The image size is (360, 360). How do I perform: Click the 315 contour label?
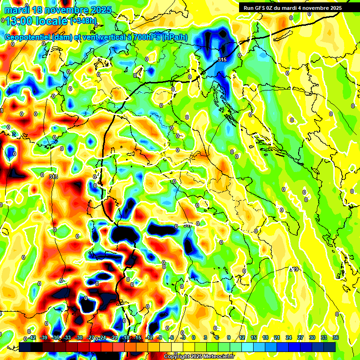(222, 60)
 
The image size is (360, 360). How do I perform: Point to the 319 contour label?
(294, 269)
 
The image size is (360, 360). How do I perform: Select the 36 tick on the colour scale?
(335, 337)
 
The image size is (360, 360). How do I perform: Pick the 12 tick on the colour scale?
(242, 337)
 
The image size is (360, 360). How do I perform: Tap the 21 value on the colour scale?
(277, 337)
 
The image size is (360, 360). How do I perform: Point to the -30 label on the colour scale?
(79, 337)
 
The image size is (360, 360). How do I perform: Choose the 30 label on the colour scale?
(312, 337)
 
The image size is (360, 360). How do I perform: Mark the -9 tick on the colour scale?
(160, 337)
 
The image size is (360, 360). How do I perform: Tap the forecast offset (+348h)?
(83, 21)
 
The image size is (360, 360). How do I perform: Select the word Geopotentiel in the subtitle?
(28, 37)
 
